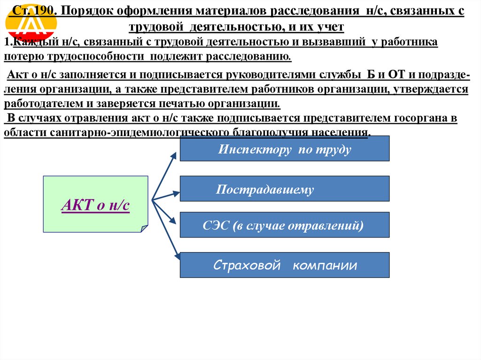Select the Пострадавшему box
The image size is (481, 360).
(x=285, y=189)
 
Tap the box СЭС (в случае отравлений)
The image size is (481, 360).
(x=285, y=225)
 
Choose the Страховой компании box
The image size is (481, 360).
(x=285, y=265)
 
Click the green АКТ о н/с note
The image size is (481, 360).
(x=95, y=204)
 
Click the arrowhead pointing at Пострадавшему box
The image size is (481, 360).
(x=176, y=192)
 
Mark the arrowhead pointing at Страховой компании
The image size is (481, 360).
(x=178, y=256)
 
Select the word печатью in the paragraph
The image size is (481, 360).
(x=186, y=104)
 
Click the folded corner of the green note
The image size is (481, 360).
(x=144, y=229)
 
